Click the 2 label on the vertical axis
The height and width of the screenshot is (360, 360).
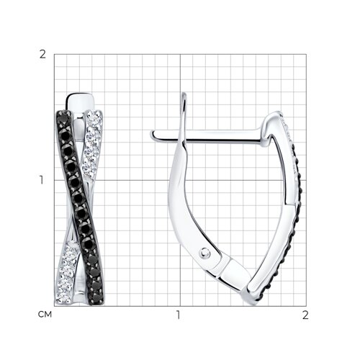tap(42, 55)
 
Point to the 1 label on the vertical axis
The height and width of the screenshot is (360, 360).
tap(42, 180)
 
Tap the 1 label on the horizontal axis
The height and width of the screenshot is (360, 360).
tap(178, 315)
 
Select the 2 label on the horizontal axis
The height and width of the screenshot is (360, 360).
tap(305, 315)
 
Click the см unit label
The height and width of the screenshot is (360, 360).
tap(45, 315)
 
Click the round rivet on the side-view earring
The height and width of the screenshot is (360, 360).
tap(204, 253)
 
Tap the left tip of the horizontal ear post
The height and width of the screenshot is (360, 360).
tap(152, 135)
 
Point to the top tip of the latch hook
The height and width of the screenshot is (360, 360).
tap(184, 94)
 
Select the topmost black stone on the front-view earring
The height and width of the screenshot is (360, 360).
tap(63, 115)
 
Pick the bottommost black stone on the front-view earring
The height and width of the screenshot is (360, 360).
tap(97, 298)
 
